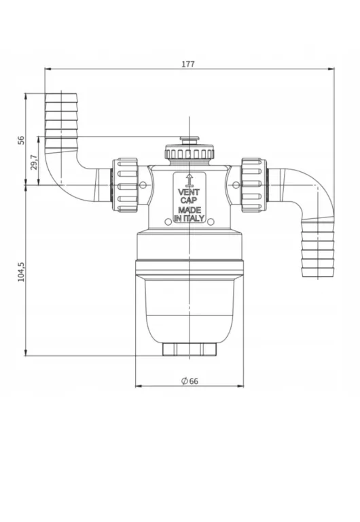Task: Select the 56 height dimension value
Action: [21, 139]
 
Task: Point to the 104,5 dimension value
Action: [21, 271]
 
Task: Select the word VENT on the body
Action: [189, 192]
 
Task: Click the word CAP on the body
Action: [189, 201]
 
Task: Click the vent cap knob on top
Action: [190, 148]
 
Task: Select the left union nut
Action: [126, 185]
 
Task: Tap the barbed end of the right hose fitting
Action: [317, 248]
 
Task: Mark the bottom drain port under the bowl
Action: [190, 349]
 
